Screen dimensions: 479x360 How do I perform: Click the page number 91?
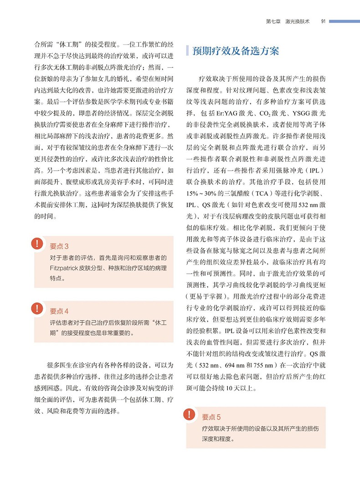(323, 20)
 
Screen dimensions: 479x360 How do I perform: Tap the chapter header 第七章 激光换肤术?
(288, 20)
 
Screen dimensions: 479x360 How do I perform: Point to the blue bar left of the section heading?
(187, 51)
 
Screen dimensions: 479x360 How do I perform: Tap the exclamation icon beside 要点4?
(36, 308)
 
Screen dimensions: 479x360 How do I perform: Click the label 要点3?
(59, 246)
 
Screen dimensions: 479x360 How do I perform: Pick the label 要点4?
(59, 311)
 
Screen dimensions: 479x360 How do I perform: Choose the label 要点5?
(211, 417)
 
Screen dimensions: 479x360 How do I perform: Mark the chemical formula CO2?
(259, 112)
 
